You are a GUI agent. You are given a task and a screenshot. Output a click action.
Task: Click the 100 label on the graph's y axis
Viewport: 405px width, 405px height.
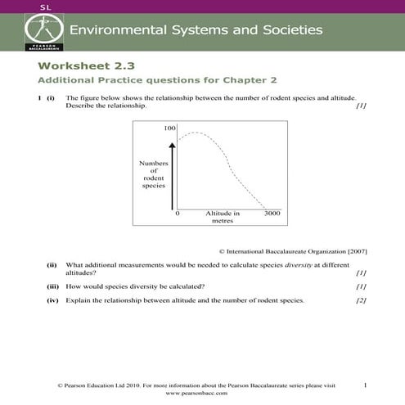tap(170, 129)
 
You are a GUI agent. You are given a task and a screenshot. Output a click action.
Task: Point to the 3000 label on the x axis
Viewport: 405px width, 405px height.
tap(272, 214)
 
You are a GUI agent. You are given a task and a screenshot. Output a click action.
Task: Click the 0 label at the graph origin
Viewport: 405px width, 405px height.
tap(178, 214)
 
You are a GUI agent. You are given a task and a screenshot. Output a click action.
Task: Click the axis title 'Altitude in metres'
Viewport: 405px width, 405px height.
tap(223, 217)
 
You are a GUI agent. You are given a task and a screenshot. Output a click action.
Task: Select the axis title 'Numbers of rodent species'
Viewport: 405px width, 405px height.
tap(153, 174)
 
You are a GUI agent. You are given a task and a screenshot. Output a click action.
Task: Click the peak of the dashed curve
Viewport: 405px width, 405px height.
tap(194, 132)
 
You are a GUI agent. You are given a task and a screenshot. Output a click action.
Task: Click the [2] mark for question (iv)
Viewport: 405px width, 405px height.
tap(361, 300)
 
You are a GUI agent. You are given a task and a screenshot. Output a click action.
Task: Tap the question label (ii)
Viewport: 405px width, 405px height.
tap(52, 265)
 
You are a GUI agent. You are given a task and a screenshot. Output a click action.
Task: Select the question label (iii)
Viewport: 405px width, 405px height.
tap(52, 286)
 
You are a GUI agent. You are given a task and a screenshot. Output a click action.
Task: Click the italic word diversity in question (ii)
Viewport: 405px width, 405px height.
tap(300, 265)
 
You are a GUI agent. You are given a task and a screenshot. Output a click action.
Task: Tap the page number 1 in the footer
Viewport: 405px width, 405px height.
tap(365, 385)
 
